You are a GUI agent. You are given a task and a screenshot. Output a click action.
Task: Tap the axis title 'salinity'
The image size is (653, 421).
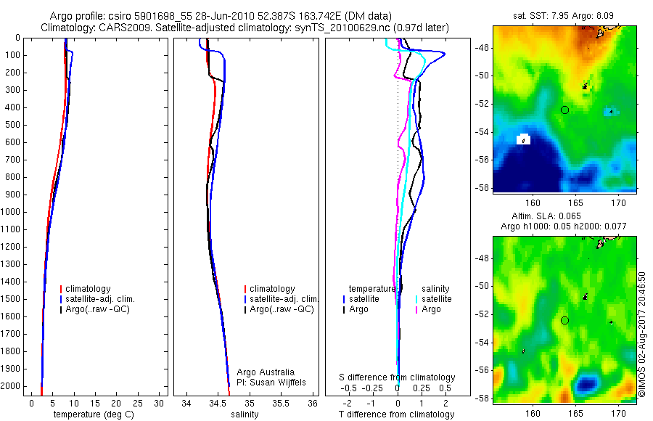pyautogui.click(x=245, y=414)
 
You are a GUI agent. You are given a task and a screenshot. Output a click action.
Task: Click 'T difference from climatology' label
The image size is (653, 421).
pyautogui.click(x=397, y=414)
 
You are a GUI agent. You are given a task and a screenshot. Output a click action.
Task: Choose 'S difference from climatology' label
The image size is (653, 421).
pyautogui.click(x=398, y=377)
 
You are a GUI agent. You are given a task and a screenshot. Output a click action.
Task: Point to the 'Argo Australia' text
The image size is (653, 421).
pyautogui.click(x=266, y=372)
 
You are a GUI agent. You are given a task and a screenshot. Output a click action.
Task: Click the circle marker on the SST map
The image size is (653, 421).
pyautogui.click(x=564, y=110)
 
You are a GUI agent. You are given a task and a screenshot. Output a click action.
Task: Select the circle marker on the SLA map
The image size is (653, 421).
pyautogui.click(x=564, y=320)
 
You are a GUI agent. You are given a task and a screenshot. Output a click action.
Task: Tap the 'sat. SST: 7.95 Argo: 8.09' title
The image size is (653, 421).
pyautogui.click(x=564, y=15)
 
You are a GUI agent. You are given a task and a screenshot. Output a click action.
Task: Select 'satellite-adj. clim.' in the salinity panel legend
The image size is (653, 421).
pyautogui.click(x=284, y=299)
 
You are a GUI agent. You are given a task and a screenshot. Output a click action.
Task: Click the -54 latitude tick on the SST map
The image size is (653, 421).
pyautogui.click(x=482, y=132)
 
